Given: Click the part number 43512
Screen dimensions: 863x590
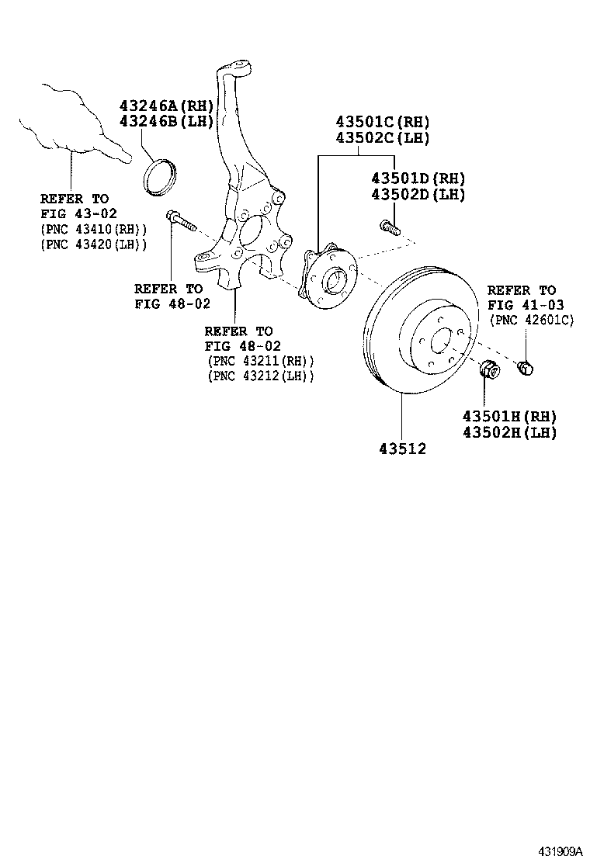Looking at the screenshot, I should click(402, 449).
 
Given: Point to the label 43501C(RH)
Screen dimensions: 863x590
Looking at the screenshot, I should click(382, 122).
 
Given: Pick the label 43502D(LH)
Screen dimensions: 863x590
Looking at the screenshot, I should click(418, 195).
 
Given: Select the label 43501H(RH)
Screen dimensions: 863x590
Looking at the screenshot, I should click(509, 417).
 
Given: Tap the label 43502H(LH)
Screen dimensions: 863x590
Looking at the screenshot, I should click(509, 433).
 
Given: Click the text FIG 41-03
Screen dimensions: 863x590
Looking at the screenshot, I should click(526, 304).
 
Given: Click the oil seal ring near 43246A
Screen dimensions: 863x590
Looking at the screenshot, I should click(161, 174).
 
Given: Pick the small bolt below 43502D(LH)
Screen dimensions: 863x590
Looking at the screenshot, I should click(389, 227).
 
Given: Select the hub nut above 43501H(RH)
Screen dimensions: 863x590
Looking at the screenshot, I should click(489, 371).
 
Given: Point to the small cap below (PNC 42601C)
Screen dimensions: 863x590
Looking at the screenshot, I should click(525, 367).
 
